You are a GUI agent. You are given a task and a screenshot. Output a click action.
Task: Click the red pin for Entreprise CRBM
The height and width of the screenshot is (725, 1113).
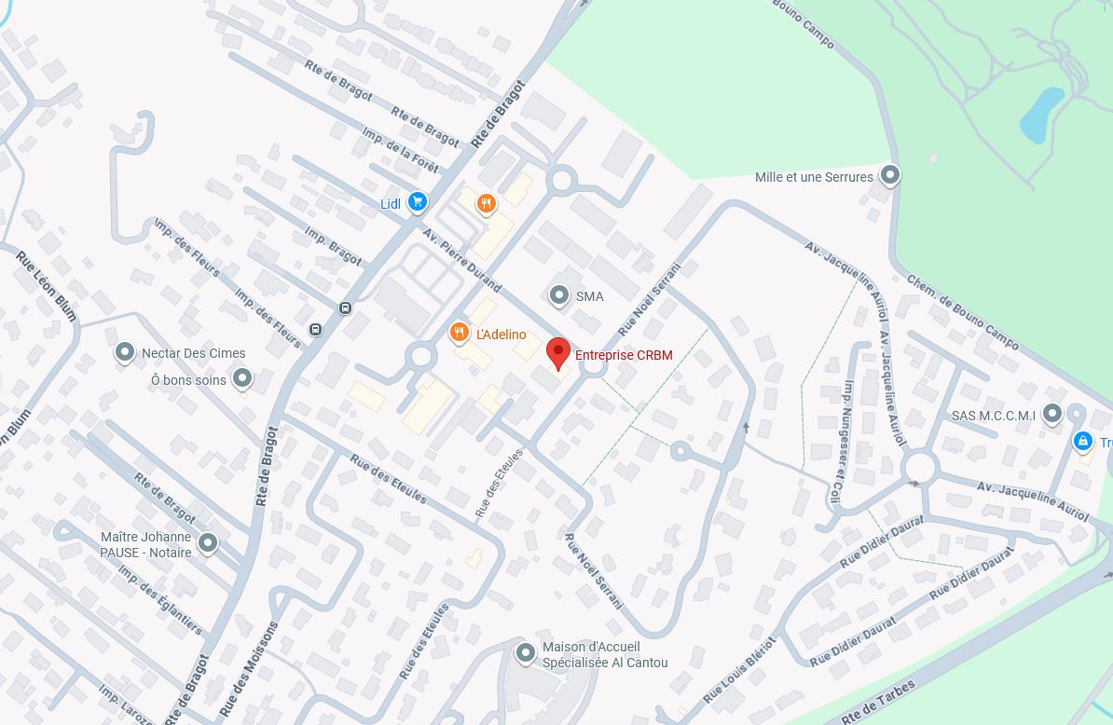(x=557, y=353)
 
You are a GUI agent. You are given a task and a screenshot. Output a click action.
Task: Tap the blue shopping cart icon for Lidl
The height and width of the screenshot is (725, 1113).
(x=417, y=201)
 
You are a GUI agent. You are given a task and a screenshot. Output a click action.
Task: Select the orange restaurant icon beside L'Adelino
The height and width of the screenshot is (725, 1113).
(x=458, y=333)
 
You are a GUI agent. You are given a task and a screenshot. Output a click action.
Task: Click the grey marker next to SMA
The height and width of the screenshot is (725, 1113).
(x=558, y=294)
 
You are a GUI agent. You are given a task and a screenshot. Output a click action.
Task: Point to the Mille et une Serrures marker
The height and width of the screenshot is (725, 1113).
(x=890, y=174)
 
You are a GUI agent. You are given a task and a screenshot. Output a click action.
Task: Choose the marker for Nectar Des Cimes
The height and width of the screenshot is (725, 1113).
(x=124, y=351)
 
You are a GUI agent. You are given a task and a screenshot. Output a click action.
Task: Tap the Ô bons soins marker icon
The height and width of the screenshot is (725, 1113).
(x=242, y=377)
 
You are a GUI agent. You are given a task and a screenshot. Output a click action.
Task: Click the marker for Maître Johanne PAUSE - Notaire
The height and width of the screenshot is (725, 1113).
(x=208, y=541)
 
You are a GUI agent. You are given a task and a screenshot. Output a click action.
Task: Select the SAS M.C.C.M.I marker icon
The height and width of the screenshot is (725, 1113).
(x=1051, y=413)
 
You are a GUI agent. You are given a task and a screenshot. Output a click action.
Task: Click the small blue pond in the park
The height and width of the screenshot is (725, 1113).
(x=1041, y=115)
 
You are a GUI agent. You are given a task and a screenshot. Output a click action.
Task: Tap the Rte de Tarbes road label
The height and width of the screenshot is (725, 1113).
(x=877, y=702)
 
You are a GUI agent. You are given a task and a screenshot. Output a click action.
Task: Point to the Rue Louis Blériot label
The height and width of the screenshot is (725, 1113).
(x=739, y=670)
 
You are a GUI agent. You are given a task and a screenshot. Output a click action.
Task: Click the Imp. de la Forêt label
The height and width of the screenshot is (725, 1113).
(x=400, y=149)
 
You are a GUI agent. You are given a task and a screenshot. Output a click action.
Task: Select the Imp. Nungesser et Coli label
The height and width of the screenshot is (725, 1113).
(x=843, y=442)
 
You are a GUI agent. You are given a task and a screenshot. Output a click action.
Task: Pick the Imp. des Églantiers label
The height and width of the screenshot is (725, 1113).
(x=160, y=599)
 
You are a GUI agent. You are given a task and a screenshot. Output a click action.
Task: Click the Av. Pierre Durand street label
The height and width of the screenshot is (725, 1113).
(x=463, y=259)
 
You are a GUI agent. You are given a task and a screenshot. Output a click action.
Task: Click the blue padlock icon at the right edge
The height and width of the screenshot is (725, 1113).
(x=1082, y=441)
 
